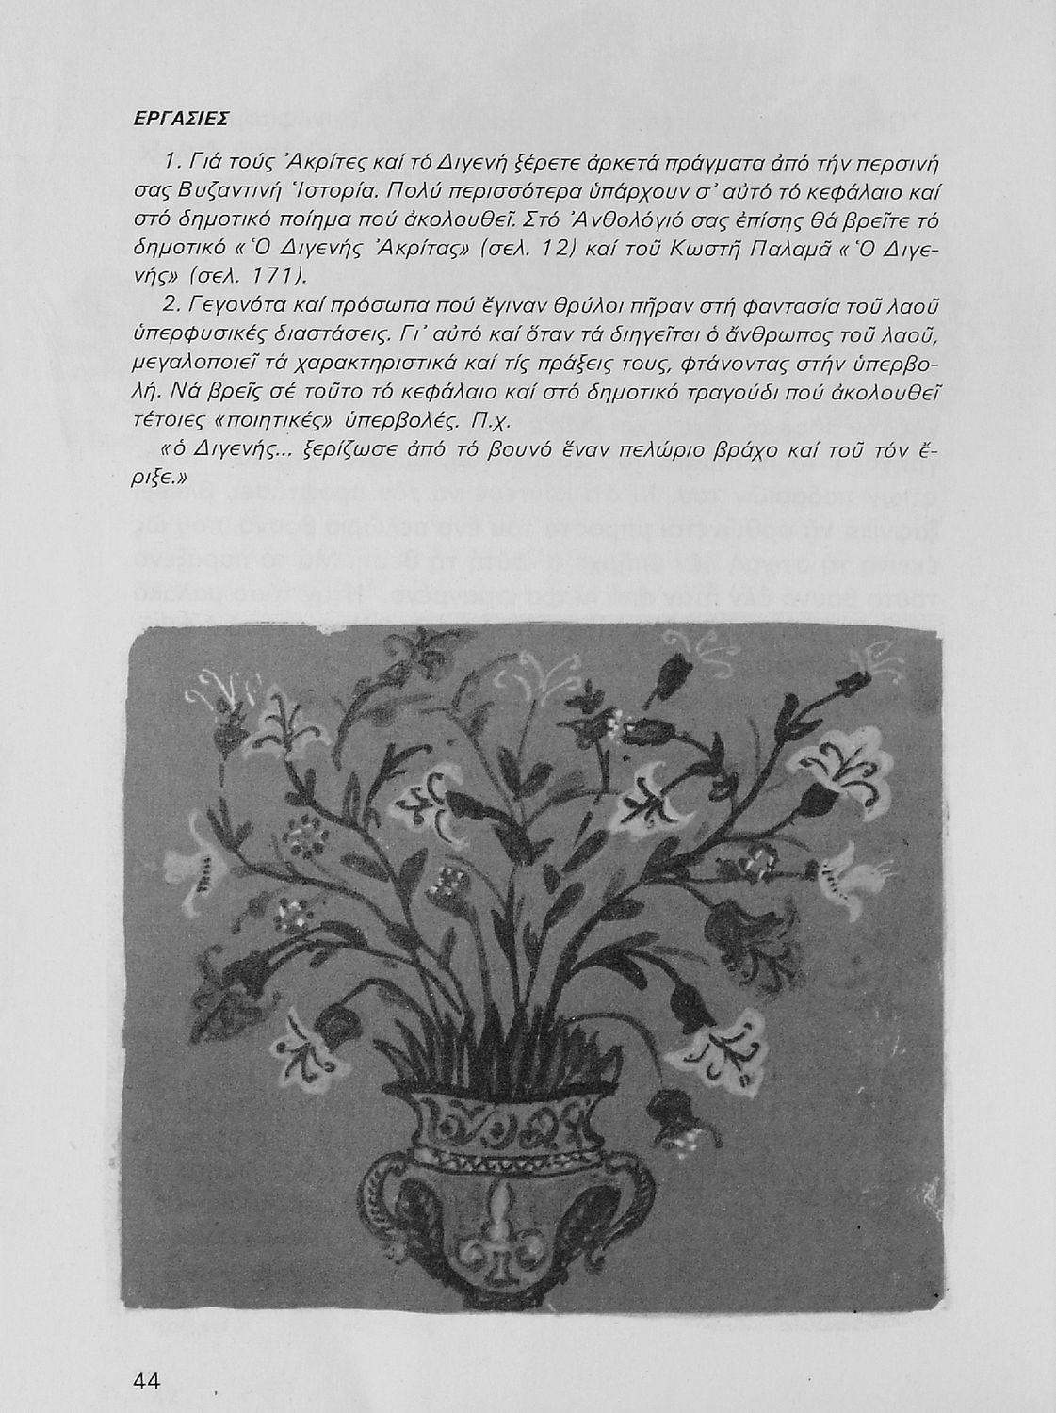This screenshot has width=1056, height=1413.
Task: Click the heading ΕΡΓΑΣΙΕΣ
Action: (180, 120)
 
